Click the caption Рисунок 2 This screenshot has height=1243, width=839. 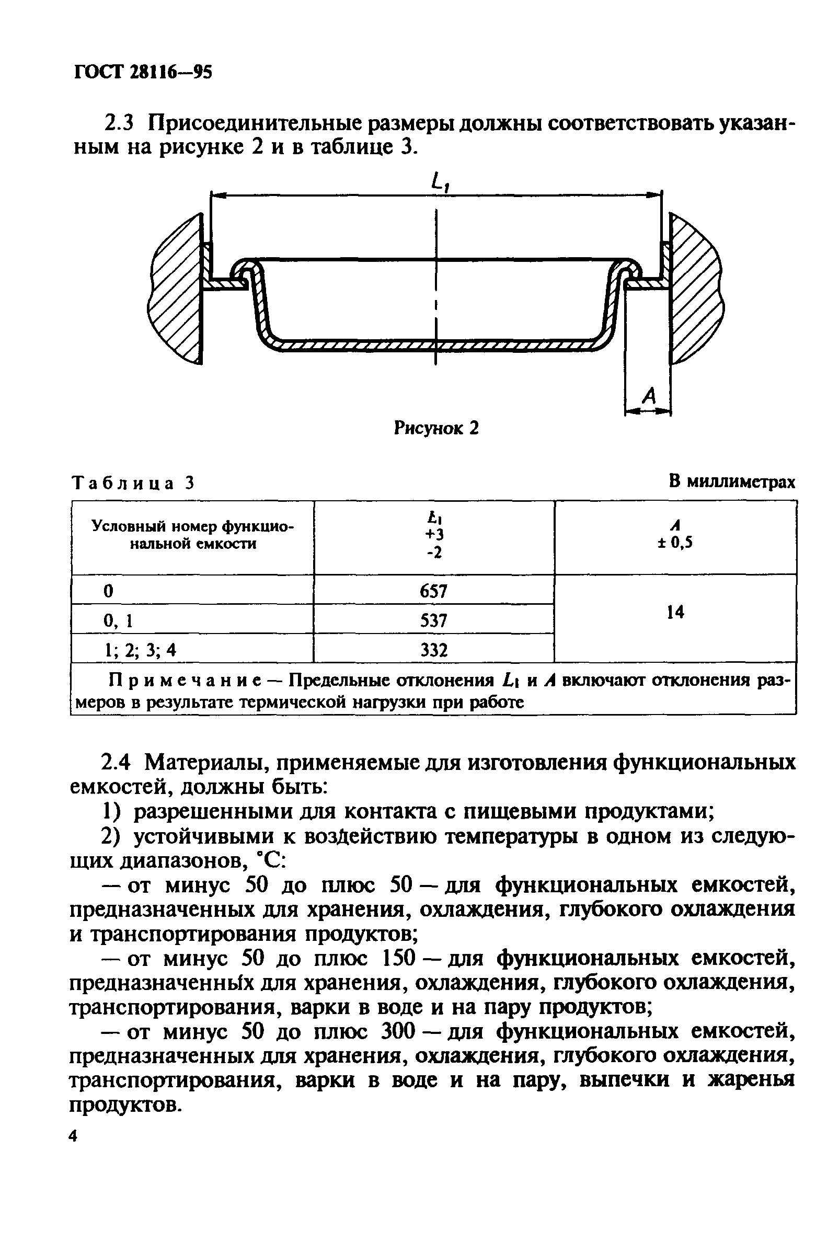[x=436, y=428]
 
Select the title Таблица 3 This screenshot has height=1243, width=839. [x=132, y=483]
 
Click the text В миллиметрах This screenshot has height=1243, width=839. [x=731, y=482]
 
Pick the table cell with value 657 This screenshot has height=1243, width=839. [x=434, y=591]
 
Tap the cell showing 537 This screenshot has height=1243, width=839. [x=434, y=620]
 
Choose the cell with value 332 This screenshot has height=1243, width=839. [x=434, y=650]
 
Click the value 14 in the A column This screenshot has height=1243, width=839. [x=675, y=613]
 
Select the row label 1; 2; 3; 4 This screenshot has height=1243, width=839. [x=140, y=650]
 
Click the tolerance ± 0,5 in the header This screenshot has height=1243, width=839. [x=675, y=544]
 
